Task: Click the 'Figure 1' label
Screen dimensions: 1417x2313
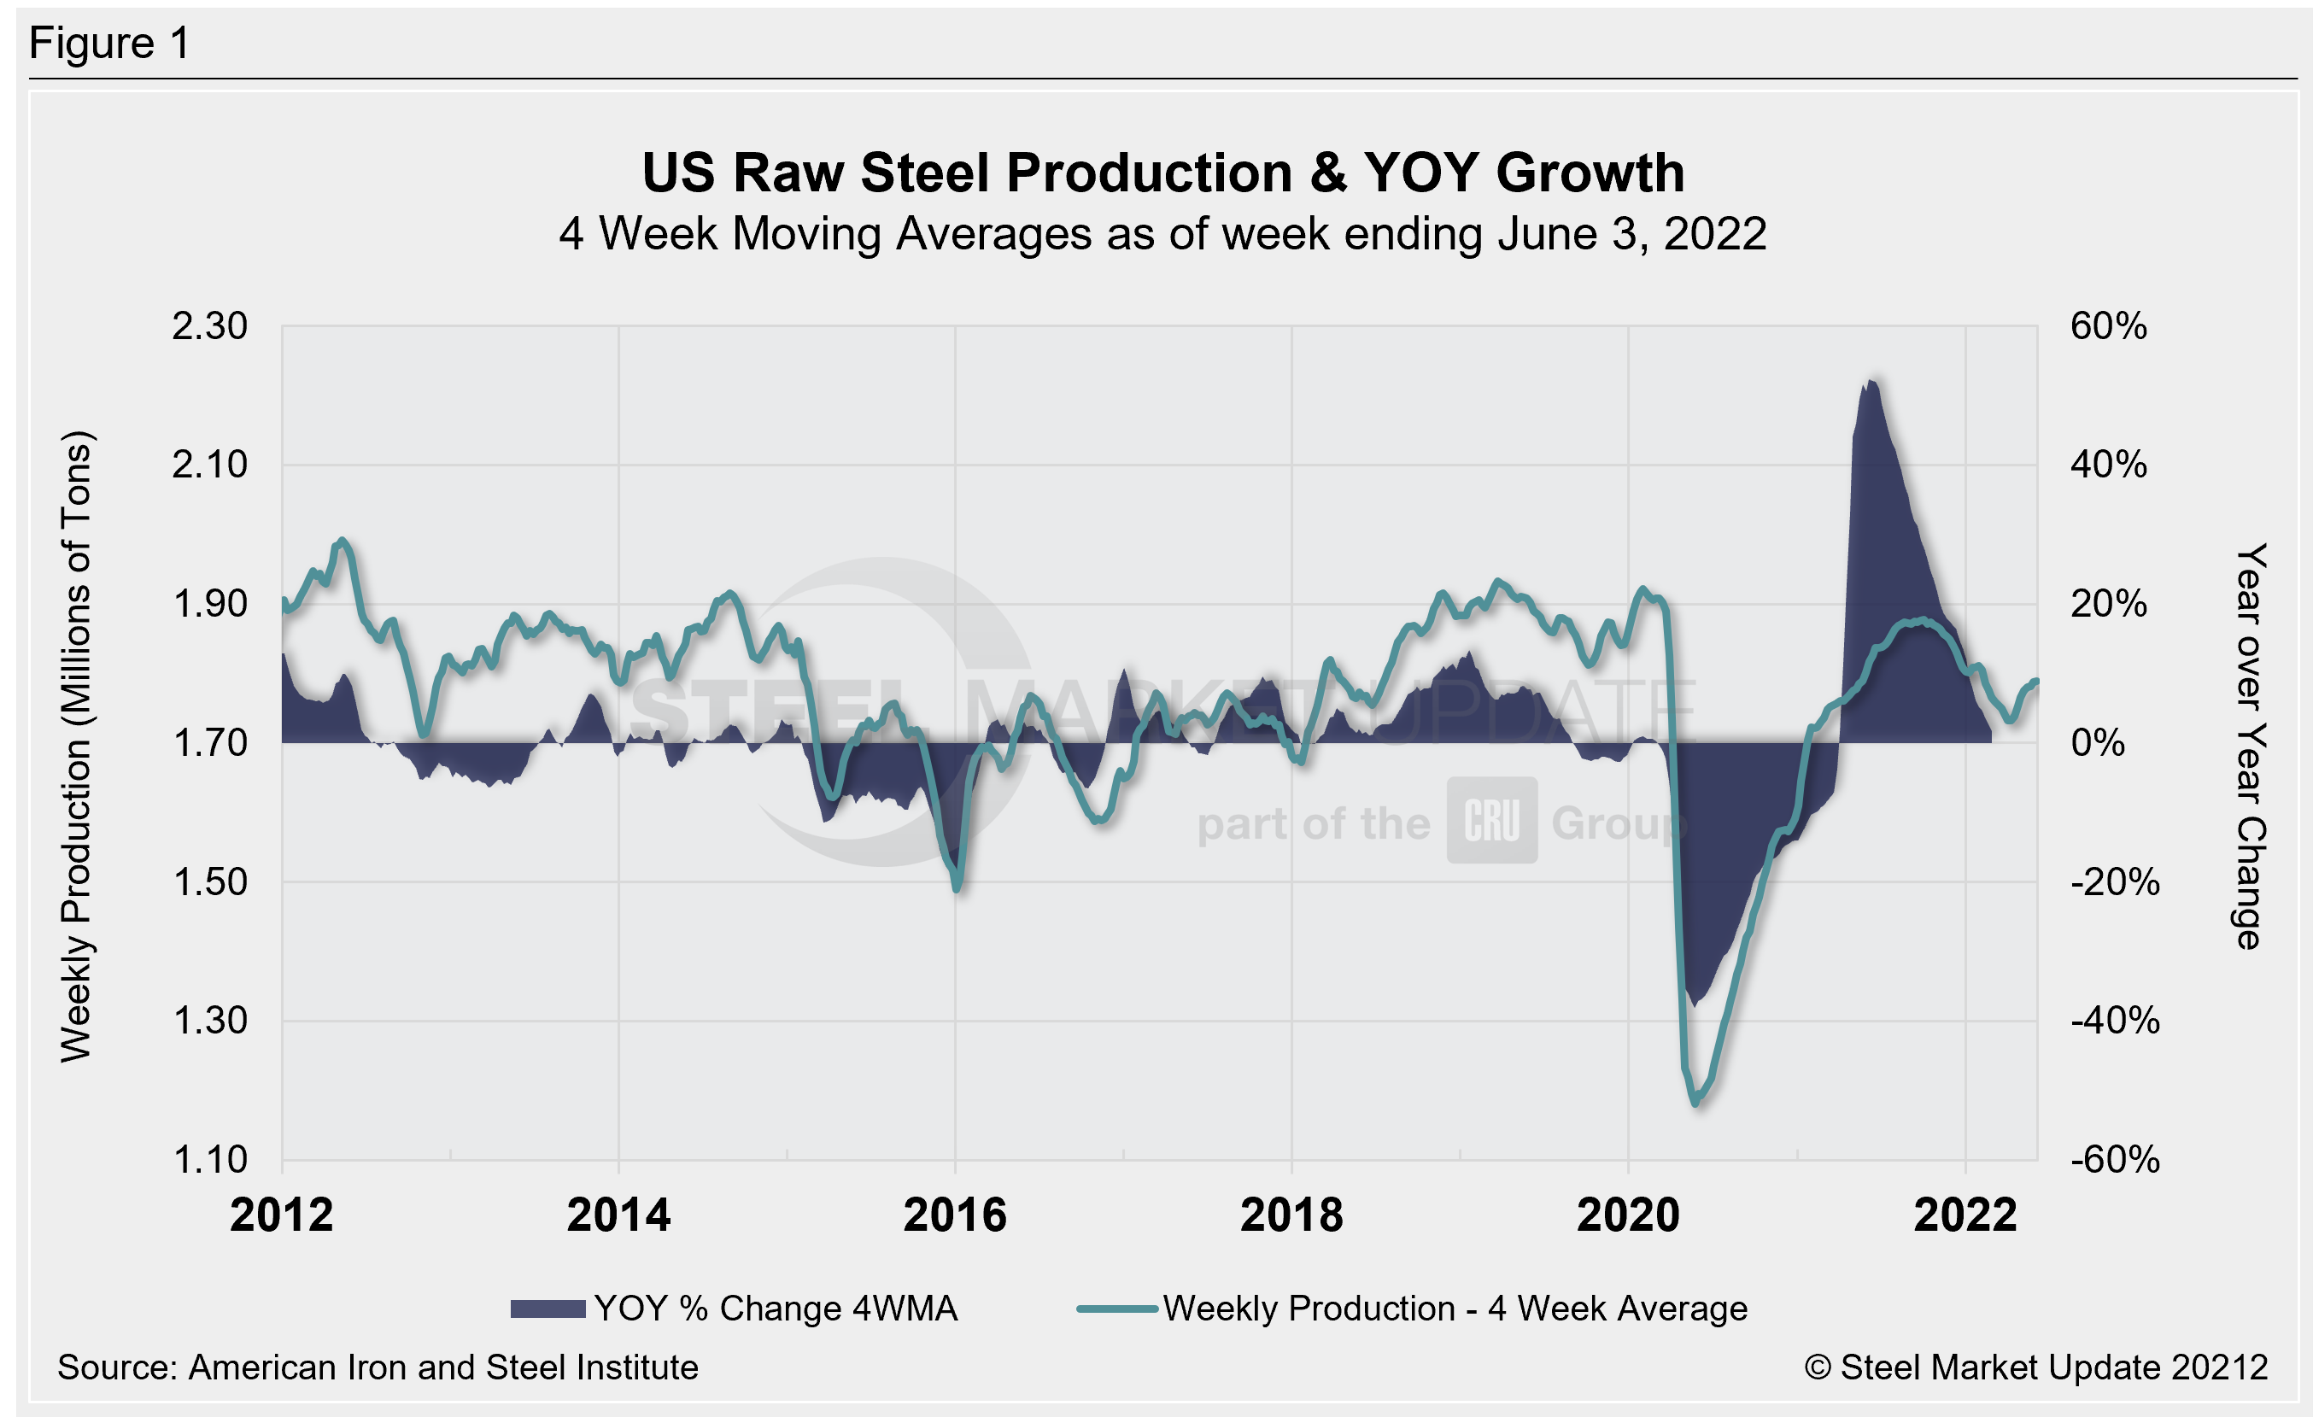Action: tap(110, 44)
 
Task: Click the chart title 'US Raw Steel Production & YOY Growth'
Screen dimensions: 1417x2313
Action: tap(1162, 173)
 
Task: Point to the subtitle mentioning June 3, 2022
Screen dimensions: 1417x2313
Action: tap(1162, 234)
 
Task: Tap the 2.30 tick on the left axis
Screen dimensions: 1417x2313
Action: tap(209, 326)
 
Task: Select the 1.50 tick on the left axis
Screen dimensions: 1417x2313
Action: tap(209, 882)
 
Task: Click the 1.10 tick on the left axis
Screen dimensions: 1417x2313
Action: tap(209, 1160)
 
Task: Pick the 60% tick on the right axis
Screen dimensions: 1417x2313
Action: tap(2108, 326)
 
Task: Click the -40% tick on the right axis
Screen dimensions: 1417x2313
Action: tap(2114, 1020)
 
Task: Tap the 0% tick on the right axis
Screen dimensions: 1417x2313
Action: tap(2097, 743)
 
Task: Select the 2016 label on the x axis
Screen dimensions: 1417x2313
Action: tap(955, 1215)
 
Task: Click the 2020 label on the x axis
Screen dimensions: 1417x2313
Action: tap(1628, 1215)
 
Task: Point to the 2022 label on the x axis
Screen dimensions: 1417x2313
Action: tap(1965, 1215)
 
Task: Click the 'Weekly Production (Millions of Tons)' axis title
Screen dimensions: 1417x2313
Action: tap(77, 746)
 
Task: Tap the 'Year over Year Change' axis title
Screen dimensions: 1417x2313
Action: tap(2249, 746)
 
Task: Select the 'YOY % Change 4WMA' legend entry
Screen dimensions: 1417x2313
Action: tap(734, 1309)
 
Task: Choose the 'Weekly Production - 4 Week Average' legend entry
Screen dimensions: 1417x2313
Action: tap(1413, 1309)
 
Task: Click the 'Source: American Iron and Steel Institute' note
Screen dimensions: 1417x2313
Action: tap(378, 1367)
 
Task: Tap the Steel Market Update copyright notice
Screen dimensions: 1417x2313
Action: tap(2035, 1367)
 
